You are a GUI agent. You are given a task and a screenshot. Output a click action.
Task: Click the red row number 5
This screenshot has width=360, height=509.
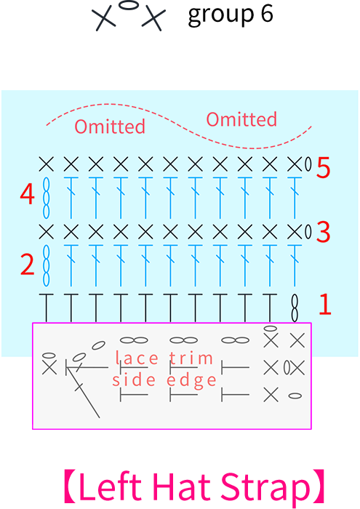click(323, 167)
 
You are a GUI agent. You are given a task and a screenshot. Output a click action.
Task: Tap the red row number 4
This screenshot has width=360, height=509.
click(27, 194)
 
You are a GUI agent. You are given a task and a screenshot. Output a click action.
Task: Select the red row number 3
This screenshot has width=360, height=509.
click(324, 232)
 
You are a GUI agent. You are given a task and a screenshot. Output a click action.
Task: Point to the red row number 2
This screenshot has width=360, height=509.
click(27, 265)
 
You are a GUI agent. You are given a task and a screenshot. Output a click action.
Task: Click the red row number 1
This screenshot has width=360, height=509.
click(325, 304)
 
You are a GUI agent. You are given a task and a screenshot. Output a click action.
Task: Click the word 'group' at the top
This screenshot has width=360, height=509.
click(221, 15)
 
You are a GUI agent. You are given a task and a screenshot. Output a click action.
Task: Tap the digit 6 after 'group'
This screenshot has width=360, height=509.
click(266, 14)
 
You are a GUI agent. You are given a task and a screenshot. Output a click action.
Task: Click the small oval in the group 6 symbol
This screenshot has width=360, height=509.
click(129, 6)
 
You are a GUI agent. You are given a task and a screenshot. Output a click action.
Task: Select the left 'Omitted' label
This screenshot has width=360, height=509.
click(110, 127)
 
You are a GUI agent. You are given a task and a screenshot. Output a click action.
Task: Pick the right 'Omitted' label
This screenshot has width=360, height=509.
click(241, 119)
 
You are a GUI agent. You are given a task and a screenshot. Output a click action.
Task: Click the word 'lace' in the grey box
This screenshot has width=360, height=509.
click(137, 358)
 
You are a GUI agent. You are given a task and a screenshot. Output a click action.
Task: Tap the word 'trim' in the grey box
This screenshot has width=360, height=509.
click(191, 358)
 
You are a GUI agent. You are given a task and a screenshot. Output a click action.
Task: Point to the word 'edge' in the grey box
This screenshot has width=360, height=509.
click(191, 380)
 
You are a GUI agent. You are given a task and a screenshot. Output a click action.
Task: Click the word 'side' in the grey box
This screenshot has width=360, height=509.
click(134, 380)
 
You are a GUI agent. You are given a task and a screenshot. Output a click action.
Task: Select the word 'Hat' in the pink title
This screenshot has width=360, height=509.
click(181, 487)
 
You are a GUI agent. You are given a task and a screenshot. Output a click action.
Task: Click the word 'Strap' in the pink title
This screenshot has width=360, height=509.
click(265, 489)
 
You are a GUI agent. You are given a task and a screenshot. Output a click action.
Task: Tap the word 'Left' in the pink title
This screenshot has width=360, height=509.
click(110, 487)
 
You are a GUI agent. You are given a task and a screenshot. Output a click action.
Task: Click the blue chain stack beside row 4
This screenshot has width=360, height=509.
click(47, 198)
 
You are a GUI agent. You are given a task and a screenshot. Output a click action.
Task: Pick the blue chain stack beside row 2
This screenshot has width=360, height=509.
click(47, 265)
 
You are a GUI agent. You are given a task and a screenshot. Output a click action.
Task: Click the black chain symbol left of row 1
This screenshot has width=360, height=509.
click(295, 308)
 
